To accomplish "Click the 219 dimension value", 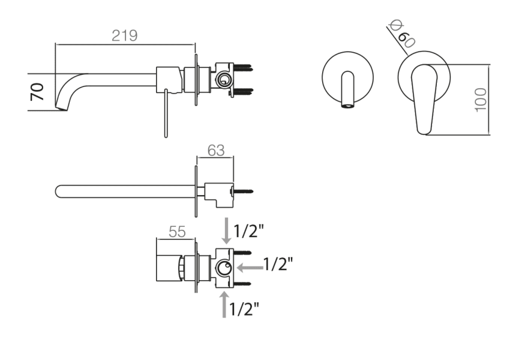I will tap(125, 35).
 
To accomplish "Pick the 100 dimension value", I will tap(480, 98).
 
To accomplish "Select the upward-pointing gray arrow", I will tap(224, 304).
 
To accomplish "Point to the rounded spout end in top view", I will tap(59, 191).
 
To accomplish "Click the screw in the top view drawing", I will tap(243, 191).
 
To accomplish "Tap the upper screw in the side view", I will tap(244, 67).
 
